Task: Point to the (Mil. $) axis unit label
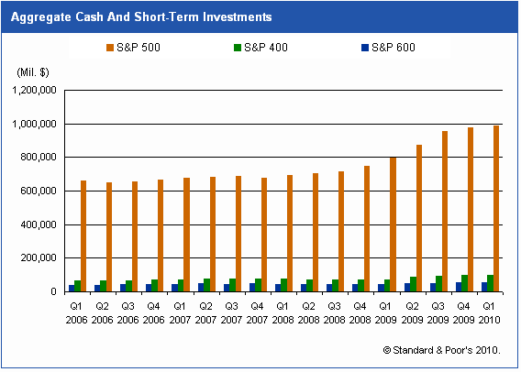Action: click(33, 71)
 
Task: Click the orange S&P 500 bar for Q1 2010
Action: click(495, 209)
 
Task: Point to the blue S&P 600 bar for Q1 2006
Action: click(72, 289)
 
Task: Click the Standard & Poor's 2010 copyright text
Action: click(442, 350)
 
